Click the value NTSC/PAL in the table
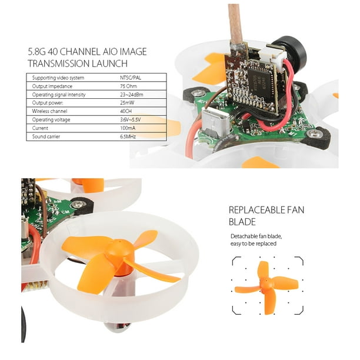click(x=131, y=78)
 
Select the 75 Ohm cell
click(x=128, y=86)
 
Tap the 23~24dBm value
click(x=132, y=94)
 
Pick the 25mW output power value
click(x=127, y=102)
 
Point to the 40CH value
click(x=126, y=111)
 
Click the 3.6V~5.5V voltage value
click(x=130, y=119)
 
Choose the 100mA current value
click(x=128, y=128)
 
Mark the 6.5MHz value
click(x=128, y=136)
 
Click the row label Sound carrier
click(x=46, y=136)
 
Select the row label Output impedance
click(x=52, y=86)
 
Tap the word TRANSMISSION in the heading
click(x=59, y=64)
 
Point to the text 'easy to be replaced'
click(x=254, y=244)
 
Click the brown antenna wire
click(x=235, y=22)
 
